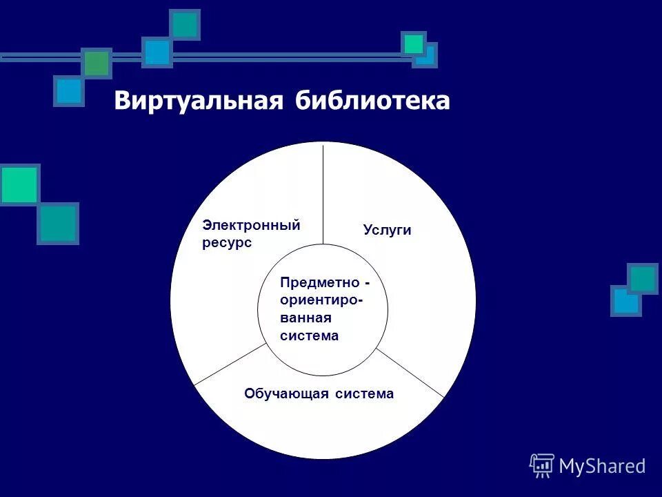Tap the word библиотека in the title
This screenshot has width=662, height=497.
pyautogui.click(x=373, y=101)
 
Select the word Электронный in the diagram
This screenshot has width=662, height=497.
pyautogui.click(x=251, y=225)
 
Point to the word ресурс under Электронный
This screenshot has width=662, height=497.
pyautogui.click(x=227, y=243)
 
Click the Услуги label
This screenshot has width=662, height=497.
pyautogui.click(x=387, y=231)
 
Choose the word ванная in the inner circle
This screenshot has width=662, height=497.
pyautogui.click(x=306, y=318)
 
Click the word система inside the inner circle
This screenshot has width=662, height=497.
pyautogui.click(x=310, y=336)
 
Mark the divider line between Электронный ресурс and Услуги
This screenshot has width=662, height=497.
pyautogui.click(x=323, y=193)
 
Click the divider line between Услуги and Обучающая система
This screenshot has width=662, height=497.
pyautogui.click(x=410, y=373)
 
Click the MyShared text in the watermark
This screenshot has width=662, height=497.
pyautogui.click(x=602, y=466)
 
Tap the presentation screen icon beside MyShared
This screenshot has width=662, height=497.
pyautogui.click(x=542, y=465)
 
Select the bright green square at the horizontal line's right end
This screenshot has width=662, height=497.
pyautogui.click(x=414, y=44)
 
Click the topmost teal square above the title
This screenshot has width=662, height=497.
pyautogui.click(x=184, y=25)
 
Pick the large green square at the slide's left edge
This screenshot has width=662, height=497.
pyautogui.click(x=19, y=184)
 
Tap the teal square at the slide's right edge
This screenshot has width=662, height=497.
pyautogui.click(x=643, y=278)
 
